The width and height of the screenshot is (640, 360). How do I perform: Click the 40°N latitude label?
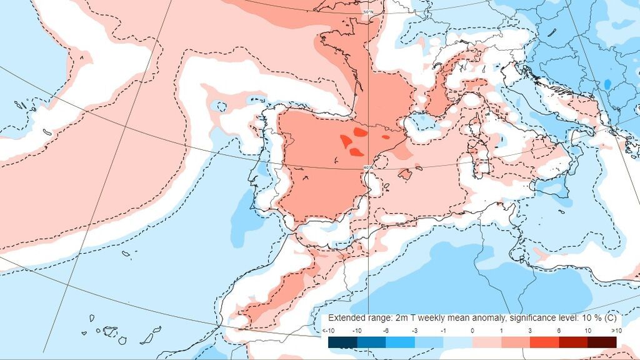[367, 167]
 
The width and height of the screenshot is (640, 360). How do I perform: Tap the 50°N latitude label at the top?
[369, 12]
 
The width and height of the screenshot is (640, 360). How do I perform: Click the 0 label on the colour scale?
[472, 330]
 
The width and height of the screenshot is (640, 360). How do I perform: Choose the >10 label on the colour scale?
[616, 330]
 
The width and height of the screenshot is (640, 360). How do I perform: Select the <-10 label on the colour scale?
[329, 330]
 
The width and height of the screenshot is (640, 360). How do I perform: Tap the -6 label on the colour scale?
[386, 330]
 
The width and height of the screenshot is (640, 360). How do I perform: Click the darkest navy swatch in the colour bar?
[342, 342]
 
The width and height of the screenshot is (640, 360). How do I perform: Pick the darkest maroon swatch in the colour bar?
[602, 342]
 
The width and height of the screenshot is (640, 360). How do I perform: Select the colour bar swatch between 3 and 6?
[544, 342]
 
